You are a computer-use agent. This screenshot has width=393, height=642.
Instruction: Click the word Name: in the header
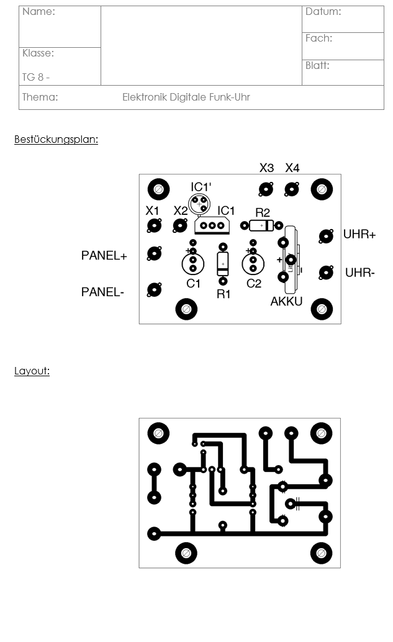tap(38, 12)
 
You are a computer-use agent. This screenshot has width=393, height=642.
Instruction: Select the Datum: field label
tap(323, 12)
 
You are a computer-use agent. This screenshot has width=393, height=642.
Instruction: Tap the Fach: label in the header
tap(318, 38)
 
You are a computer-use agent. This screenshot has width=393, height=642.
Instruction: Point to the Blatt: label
tap(317, 65)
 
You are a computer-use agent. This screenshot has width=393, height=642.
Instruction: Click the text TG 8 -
tap(36, 78)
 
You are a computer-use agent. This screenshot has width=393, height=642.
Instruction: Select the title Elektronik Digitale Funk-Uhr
tap(186, 97)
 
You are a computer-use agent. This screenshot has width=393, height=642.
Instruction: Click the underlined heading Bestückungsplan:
tap(56, 140)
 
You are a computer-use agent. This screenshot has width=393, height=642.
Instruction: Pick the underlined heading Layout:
tap(32, 371)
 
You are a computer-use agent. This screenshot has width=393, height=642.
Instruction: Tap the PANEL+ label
tap(104, 256)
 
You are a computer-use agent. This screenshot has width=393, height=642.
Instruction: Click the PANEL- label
tap(102, 292)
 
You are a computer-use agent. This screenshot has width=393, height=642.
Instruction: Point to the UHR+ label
tap(359, 235)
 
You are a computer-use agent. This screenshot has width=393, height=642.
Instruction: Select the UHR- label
tap(359, 273)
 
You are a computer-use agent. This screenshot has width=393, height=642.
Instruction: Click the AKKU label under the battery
tap(286, 302)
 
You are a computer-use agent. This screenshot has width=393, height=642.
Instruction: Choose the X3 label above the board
tap(266, 168)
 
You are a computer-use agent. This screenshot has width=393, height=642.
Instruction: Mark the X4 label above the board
tap(292, 168)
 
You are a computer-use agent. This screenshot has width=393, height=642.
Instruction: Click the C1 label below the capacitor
tap(194, 284)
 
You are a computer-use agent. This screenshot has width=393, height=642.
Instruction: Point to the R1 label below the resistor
tap(224, 294)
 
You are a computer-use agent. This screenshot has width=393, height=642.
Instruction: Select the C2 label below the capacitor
tap(254, 284)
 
